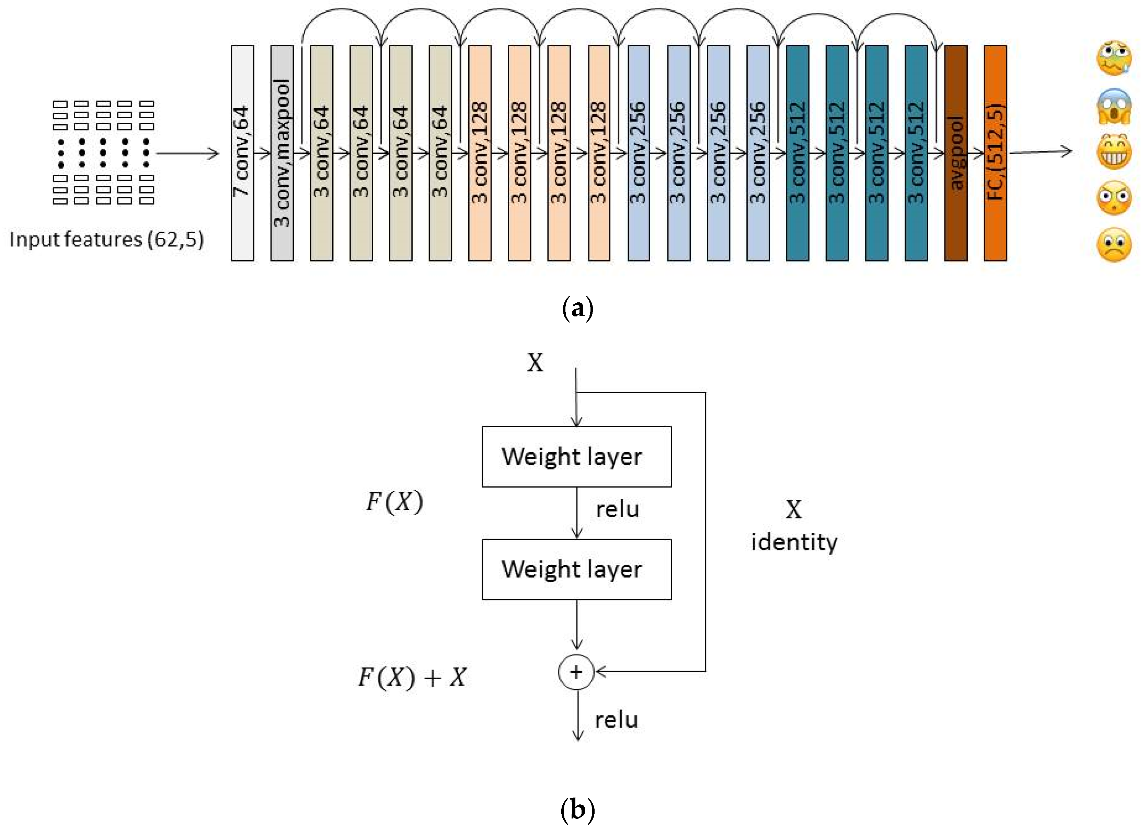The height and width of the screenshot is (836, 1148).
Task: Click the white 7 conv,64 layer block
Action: (242, 153)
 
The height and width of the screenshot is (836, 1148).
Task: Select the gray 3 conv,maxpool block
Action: (282, 153)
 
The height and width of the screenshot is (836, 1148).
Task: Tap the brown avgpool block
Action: (956, 153)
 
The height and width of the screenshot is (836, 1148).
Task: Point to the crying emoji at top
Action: (1114, 58)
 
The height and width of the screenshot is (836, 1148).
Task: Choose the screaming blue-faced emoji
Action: (1114, 106)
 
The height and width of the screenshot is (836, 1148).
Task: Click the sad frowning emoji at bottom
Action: (1114, 245)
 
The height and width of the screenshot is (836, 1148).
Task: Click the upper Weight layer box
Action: (576, 456)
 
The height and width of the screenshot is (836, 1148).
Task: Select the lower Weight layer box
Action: (576, 569)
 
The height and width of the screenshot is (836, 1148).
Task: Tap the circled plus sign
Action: (576, 672)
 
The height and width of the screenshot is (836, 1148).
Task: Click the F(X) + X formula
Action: (412, 677)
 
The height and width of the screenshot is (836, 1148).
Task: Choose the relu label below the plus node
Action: (616, 720)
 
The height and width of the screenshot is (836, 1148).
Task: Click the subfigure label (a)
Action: (577, 308)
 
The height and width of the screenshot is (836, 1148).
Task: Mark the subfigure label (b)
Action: (577, 810)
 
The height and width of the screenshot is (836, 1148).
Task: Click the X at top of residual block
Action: (535, 363)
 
